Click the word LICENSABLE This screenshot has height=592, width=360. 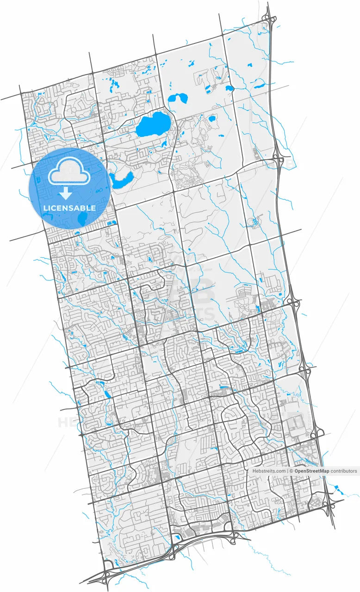69,208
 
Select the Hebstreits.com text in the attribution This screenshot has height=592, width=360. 269,471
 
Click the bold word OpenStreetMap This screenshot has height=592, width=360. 312,471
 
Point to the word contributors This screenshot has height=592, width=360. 344,471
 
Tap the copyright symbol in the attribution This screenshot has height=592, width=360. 292,471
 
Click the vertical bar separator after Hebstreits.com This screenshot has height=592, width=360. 287,471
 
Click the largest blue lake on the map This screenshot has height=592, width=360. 153,125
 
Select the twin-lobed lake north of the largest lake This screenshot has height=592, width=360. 178,98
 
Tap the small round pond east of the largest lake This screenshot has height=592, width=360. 212,119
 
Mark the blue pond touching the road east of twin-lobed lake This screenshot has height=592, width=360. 229,88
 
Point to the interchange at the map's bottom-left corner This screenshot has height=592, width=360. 109,567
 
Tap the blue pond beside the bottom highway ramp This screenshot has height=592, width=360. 177,537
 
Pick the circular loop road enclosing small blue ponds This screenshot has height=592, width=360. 253,223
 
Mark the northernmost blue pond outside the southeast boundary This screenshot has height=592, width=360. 337,487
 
